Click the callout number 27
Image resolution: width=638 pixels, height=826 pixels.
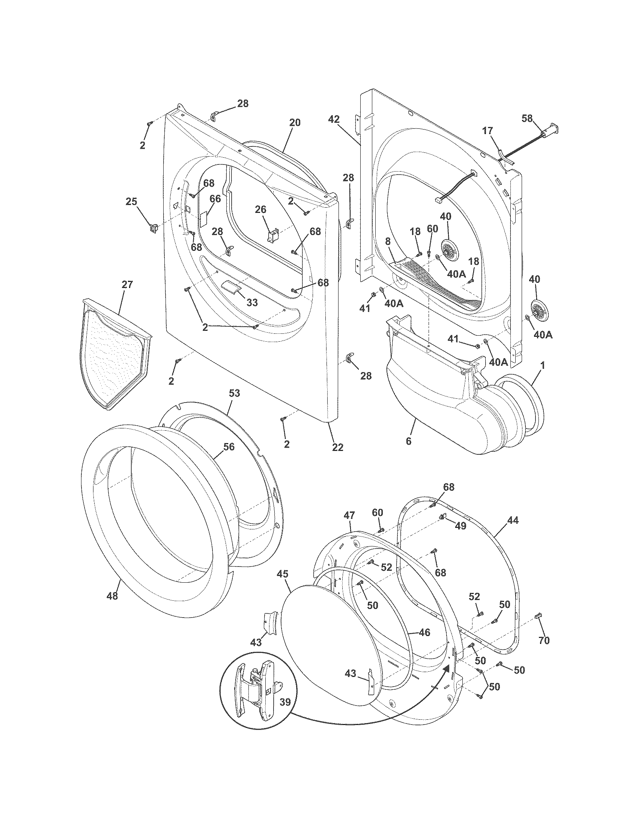[x=127, y=285]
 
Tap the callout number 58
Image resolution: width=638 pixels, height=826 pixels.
[x=527, y=118]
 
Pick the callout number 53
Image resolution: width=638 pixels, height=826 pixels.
[x=234, y=393]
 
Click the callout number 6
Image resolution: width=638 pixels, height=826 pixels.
[x=408, y=441]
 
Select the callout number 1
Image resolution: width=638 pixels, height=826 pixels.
[x=543, y=366]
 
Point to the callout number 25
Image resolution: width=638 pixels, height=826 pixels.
[x=131, y=202]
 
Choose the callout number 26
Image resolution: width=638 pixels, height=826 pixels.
[x=260, y=209]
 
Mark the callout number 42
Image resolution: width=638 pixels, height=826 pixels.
[x=333, y=119]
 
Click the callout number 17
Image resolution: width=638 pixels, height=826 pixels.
[x=488, y=131]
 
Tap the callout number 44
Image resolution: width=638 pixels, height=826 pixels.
[x=513, y=520]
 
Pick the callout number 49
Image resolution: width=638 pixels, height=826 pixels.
[x=460, y=526]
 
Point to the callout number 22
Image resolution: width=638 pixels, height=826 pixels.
[x=337, y=447]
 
